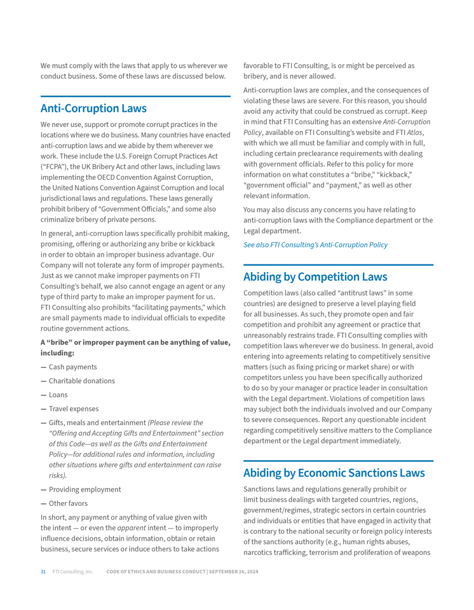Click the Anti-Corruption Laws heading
click(93, 108)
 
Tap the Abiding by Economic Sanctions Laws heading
click(334, 473)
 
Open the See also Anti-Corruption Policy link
click(315, 245)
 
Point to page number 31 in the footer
click(43, 572)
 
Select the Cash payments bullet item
click(72, 367)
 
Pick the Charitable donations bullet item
click(81, 381)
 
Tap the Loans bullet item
click(58, 395)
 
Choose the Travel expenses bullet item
click(74, 409)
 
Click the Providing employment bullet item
click(85, 489)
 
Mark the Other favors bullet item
click(68, 503)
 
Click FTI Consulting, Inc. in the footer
click(72, 572)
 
